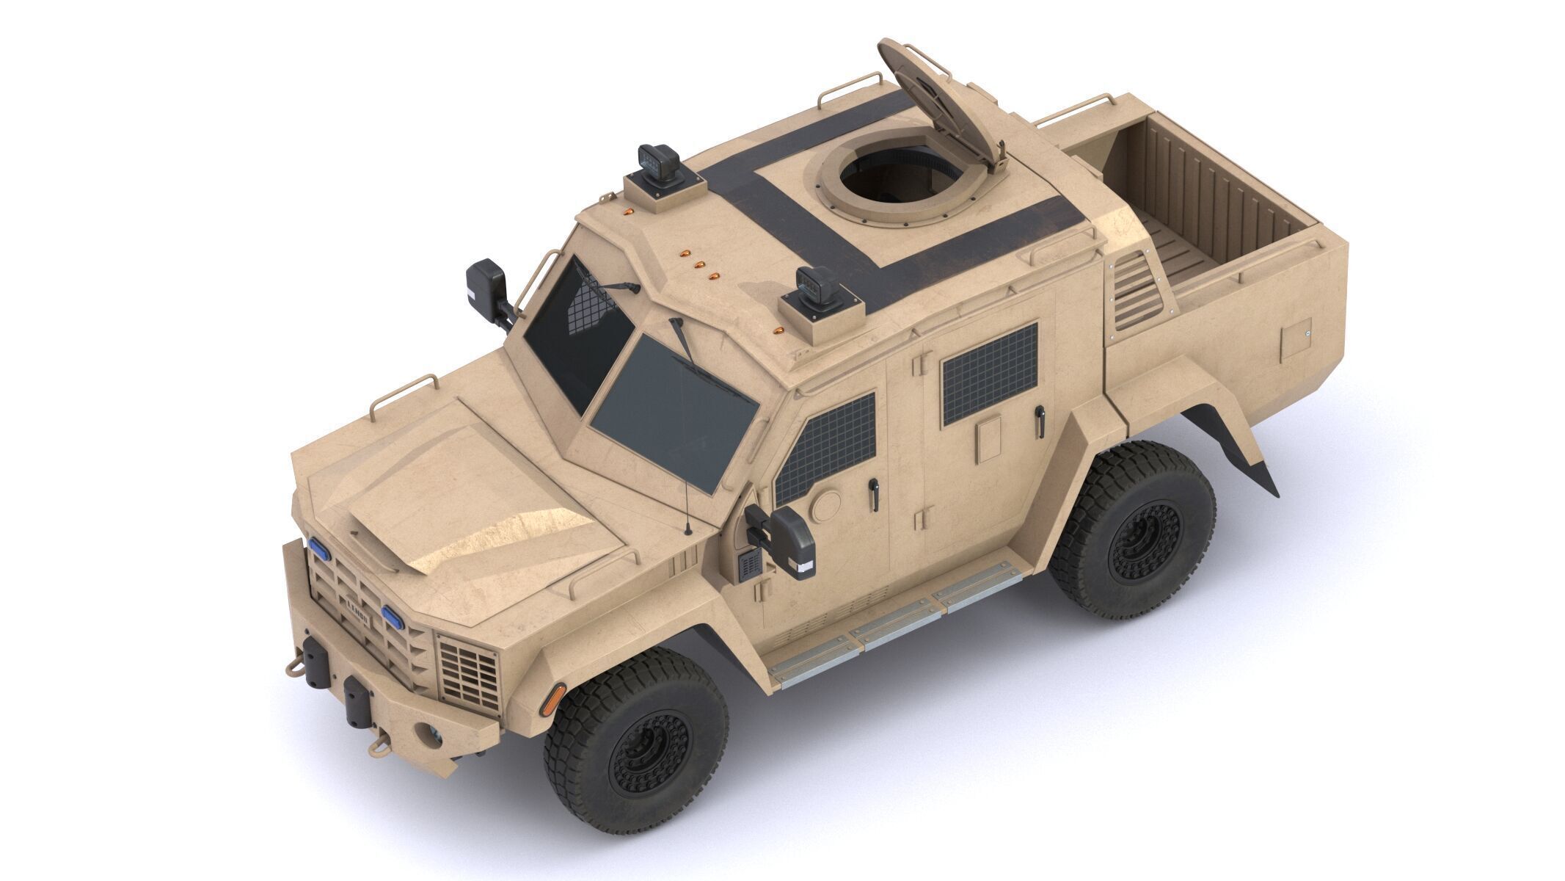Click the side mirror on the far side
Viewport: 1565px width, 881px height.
coord(486,286)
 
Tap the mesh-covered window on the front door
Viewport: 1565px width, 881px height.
coord(827,448)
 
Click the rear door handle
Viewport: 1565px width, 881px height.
coord(1037,422)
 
